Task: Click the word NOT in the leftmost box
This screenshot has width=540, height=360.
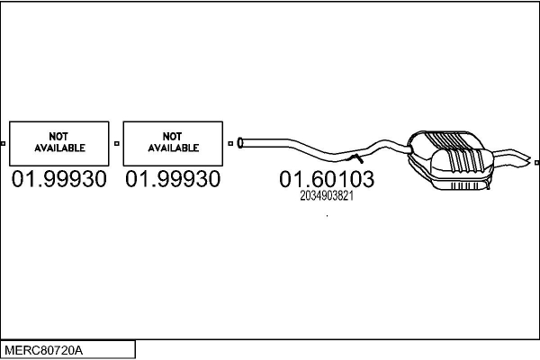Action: click(58, 137)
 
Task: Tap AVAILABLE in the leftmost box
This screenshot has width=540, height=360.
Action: click(59, 148)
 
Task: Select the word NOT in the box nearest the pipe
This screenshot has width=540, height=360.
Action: click(172, 137)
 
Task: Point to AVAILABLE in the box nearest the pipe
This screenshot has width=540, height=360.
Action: click(174, 148)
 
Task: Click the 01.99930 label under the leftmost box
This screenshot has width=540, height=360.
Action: click(59, 179)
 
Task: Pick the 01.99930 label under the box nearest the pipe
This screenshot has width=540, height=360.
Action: click(173, 179)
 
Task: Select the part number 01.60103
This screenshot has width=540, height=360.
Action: click(327, 179)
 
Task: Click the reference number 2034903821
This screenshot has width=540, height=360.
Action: click(327, 196)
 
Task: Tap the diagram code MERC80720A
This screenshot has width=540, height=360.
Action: click(43, 350)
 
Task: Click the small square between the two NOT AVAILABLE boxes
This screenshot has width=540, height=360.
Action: click(117, 143)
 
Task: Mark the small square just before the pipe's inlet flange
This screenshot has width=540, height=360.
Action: click(230, 143)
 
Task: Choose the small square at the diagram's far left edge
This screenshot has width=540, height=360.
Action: click(3, 143)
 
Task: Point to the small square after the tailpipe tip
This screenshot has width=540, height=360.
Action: click(537, 163)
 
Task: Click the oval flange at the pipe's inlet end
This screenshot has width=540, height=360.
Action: click(239, 143)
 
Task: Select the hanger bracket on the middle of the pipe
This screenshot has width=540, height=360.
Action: click(356, 158)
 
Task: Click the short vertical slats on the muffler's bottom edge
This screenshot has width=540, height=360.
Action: click(464, 186)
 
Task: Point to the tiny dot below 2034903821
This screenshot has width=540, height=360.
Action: click(327, 216)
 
